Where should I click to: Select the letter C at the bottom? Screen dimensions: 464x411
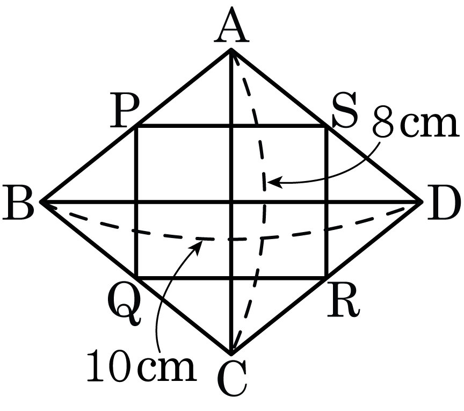(x=231, y=380)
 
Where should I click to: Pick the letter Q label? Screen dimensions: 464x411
(x=125, y=306)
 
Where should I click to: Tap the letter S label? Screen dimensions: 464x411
(x=344, y=110)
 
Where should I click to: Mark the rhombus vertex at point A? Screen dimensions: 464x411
(x=231, y=49)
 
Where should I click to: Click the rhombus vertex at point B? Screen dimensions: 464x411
(x=41, y=202)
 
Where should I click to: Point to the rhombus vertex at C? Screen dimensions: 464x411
(x=231, y=354)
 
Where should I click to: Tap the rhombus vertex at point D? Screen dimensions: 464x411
(x=422, y=202)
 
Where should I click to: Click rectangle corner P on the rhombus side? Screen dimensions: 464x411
(x=136, y=127)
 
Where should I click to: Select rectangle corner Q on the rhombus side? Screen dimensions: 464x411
(x=136, y=277)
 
